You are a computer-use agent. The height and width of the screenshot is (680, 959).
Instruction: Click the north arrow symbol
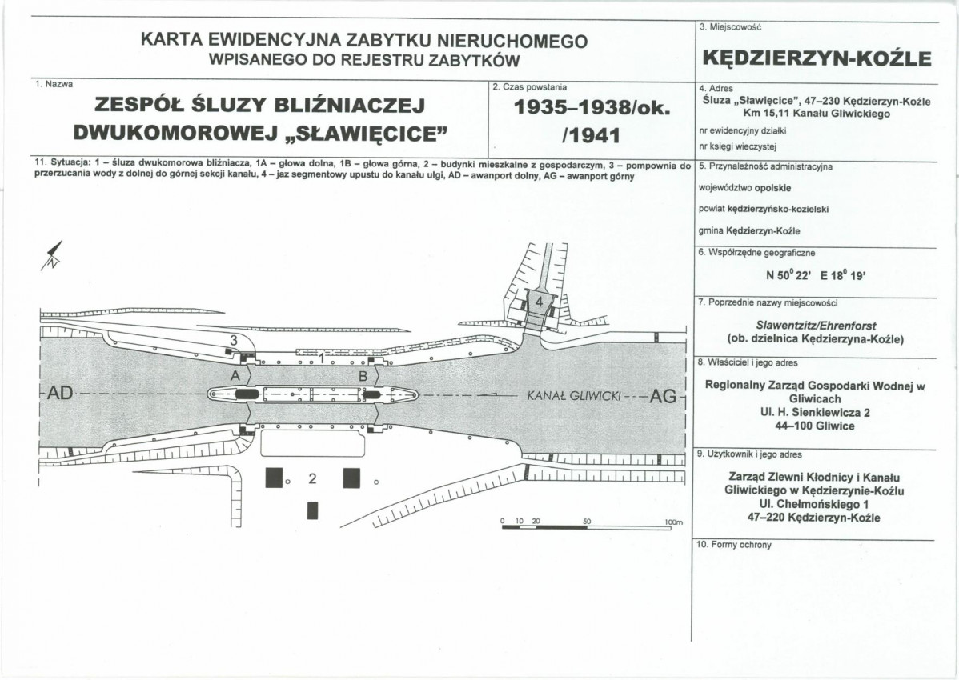pyautogui.click(x=52, y=255)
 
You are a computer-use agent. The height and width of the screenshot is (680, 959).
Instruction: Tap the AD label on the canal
pyautogui.click(x=60, y=394)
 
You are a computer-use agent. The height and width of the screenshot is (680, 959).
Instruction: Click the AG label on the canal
pyautogui.click(x=664, y=397)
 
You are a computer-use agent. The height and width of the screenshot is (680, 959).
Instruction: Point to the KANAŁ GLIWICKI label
pyautogui.click(x=574, y=396)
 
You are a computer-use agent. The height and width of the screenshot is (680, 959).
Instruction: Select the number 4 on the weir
pyautogui.click(x=540, y=302)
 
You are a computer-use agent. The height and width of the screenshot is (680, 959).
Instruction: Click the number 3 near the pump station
pyautogui.click(x=233, y=340)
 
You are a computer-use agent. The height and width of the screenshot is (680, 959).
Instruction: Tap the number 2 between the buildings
pyautogui.click(x=312, y=478)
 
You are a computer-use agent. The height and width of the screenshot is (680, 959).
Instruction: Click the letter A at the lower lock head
pyautogui.click(x=235, y=377)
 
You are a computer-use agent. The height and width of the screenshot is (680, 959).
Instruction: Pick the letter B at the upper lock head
pyautogui.click(x=363, y=377)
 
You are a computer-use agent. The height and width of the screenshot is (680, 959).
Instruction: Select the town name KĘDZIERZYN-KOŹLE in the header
pyautogui.click(x=817, y=58)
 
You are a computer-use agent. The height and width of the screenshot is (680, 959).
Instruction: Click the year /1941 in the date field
pyautogui.click(x=585, y=134)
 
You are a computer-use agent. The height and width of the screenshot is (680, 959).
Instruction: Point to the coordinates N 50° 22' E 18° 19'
pyautogui.click(x=816, y=275)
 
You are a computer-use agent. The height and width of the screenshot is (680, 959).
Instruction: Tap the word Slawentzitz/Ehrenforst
pyautogui.click(x=816, y=326)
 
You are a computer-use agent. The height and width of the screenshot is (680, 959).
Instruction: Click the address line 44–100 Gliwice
pyautogui.click(x=814, y=426)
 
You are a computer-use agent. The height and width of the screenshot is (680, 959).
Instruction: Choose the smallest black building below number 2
pyautogui.click(x=313, y=510)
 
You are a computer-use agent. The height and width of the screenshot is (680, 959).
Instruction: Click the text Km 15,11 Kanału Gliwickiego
pyautogui.click(x=817, y=114)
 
